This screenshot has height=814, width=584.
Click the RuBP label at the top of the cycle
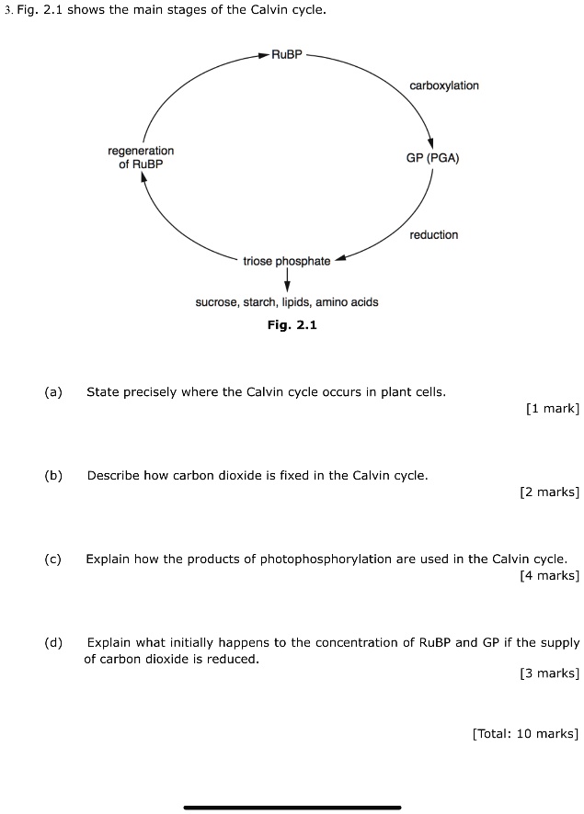tap(286, 55)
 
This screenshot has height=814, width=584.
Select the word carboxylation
tap(444, 85)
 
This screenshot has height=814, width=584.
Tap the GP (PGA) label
tap(432, 158)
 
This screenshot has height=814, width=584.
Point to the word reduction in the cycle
tap(433, 235)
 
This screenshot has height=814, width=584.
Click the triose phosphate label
tap(286, 262)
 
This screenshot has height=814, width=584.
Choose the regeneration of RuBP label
tap(141, 157)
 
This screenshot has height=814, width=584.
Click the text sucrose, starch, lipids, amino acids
tap(286, 302)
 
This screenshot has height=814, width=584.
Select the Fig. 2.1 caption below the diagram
tap(292, 325)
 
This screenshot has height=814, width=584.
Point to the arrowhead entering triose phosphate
tap(339, 258)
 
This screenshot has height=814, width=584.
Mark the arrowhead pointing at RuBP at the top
tap(265, 55)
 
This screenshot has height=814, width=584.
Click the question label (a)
tap(52, 392)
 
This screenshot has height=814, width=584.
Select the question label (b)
tap(52, 476)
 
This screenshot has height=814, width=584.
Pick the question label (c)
tap(52, 559)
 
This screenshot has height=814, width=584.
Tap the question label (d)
tap(52, 642)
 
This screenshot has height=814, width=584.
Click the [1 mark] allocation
tap(552, 409)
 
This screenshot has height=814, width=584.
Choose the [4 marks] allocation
tap(549, 575)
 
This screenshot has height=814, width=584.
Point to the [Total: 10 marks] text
tap(524, 733)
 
